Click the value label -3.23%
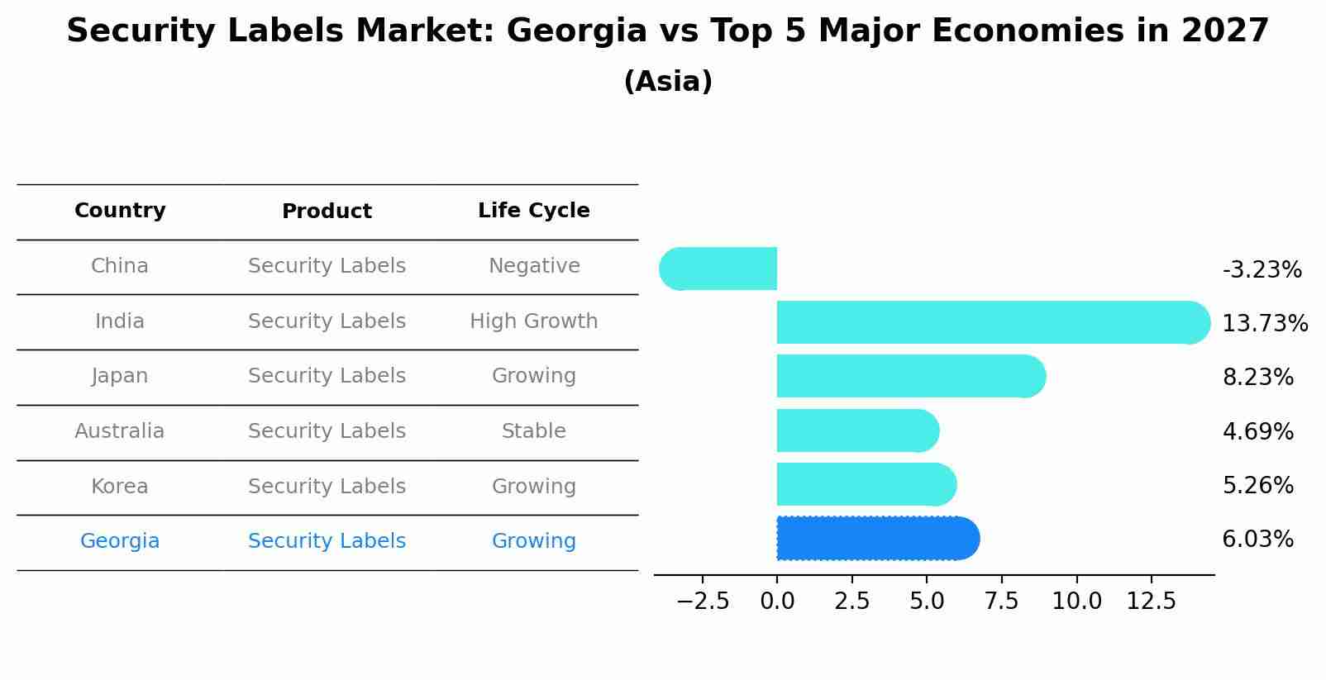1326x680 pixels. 1262,270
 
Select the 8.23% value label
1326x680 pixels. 1257,378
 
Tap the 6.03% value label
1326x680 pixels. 1257,540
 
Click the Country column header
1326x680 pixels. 120,211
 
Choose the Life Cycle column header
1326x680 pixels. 533,211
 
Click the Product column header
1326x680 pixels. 327,212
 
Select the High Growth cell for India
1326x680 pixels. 533,321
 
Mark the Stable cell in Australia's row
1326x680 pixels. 533,431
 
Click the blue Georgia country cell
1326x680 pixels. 120,541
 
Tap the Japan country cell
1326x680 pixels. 120,376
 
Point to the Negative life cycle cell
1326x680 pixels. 533,266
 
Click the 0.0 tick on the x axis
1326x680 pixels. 777,602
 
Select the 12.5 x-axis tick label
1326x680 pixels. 1151,602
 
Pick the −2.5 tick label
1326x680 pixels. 703,602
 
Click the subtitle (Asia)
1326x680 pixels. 668,82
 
